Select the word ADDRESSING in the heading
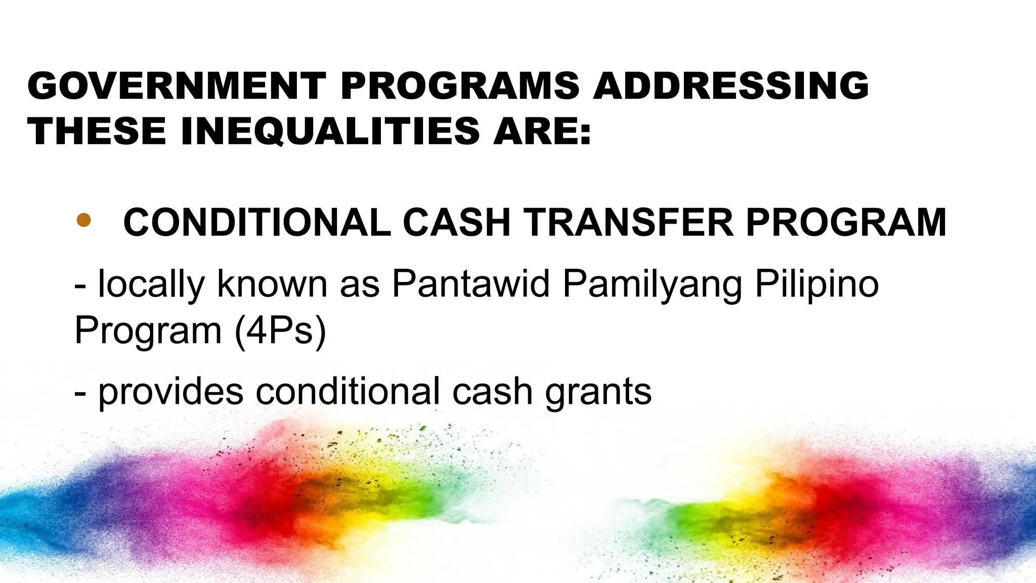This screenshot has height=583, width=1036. click(731, 86)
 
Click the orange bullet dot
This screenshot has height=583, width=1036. click(83, 220)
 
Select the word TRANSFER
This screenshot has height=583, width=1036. click(628, 223)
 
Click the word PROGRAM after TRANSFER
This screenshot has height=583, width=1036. click(846, 223)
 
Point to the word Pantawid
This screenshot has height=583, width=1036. click(470, 284)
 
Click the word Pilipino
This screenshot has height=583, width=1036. click(816, 285)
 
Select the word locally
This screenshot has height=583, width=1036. click(151, 285)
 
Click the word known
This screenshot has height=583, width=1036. click(272, 284)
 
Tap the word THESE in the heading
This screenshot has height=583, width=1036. click(97, 131)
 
